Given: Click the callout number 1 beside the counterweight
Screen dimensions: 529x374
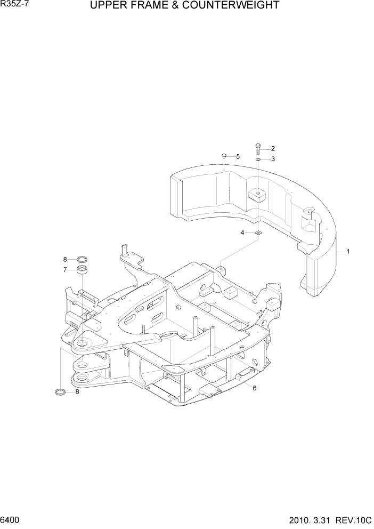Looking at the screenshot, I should click(348, 251).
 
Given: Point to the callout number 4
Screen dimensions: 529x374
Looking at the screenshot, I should click(242, 233).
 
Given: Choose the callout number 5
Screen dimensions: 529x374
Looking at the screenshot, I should click(238, 156).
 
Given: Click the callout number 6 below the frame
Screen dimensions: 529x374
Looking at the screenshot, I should click(255, 388).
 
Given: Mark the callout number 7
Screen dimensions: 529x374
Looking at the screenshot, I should click(65, 269).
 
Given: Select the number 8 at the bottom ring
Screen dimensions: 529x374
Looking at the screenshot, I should click(77, 392).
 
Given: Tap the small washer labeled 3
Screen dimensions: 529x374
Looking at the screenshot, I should click(258, 159).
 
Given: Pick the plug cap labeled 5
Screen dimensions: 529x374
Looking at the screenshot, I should click(224, 156).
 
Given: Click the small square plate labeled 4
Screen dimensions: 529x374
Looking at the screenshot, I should click(258, 233).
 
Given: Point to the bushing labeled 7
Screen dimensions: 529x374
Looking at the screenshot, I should click(82, 270).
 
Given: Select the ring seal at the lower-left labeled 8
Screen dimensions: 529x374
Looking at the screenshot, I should click(61, 392).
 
